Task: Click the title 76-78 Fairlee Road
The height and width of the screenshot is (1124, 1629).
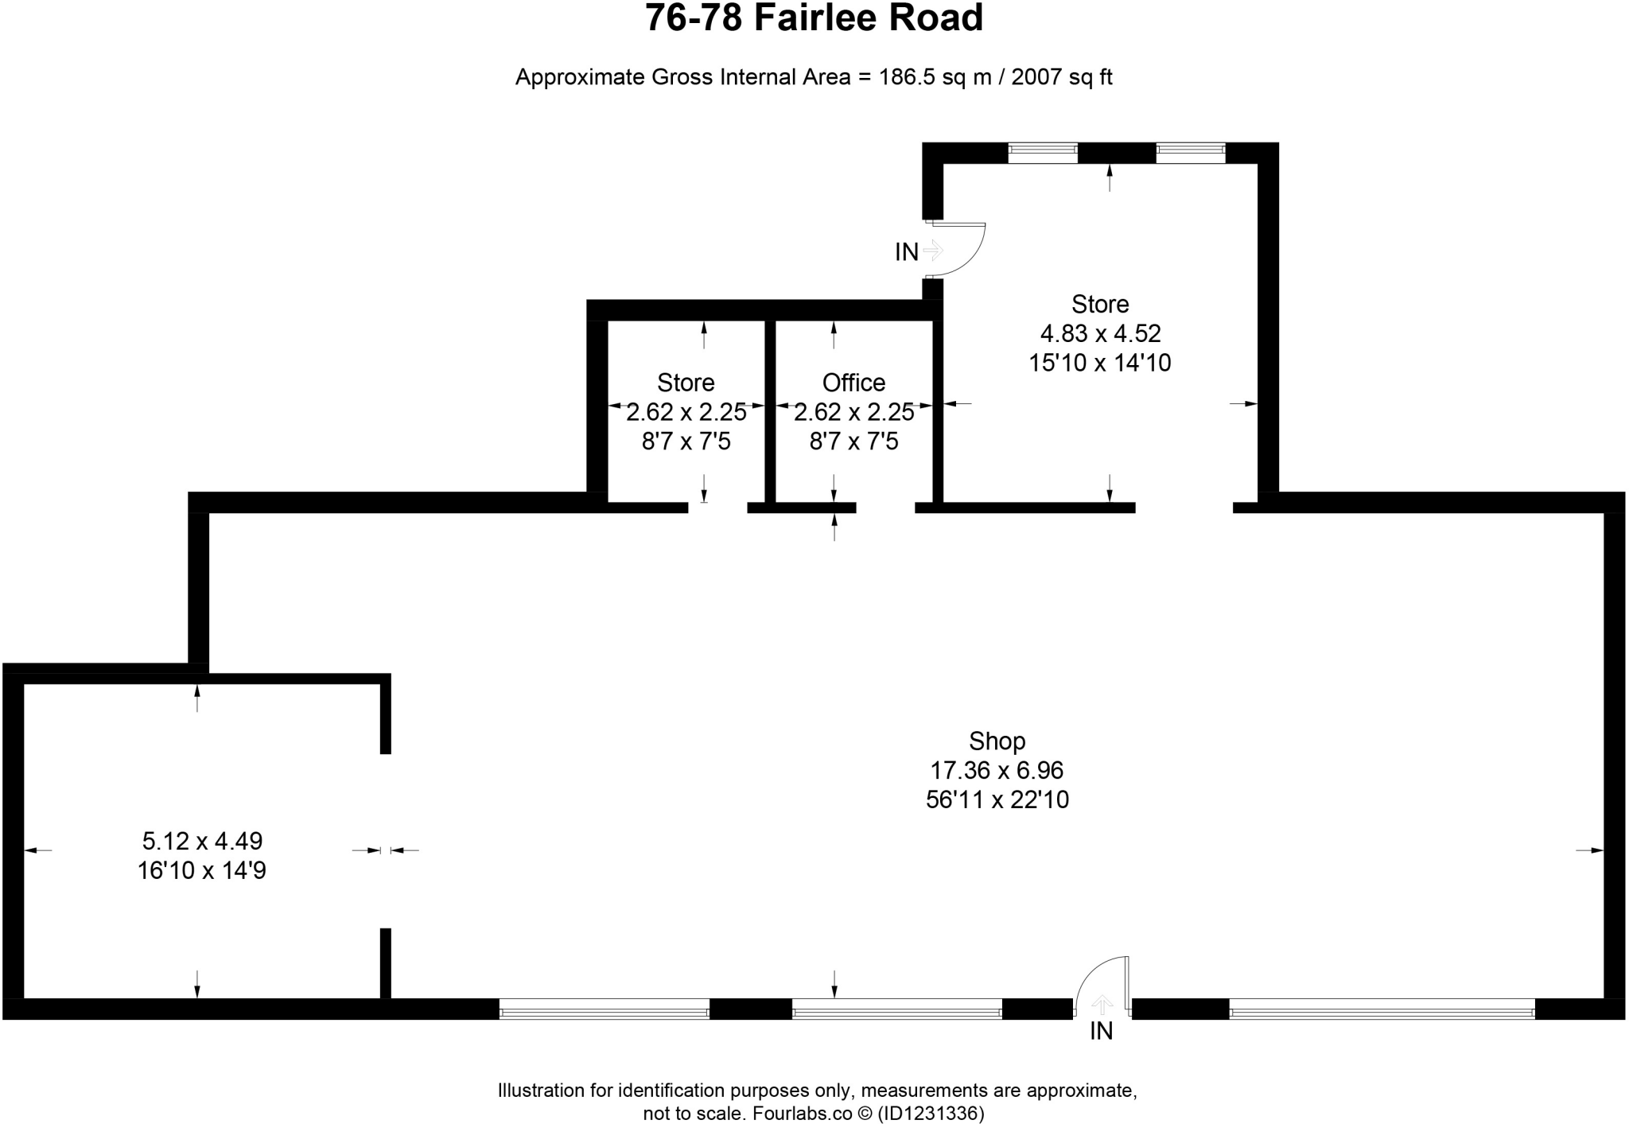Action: [x=814, y=19]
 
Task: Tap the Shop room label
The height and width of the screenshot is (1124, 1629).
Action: [x=997, y=741]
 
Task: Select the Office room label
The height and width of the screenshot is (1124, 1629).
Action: [x=853, y=383]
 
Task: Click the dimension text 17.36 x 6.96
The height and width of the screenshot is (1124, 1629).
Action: [x=997, y=770]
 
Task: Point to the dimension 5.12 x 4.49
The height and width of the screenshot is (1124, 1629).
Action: [x=202, y=841]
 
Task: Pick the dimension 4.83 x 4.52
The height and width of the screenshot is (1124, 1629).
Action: [x=1100, y=333]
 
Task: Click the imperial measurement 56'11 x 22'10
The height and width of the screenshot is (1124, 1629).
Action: [x=997, y=799]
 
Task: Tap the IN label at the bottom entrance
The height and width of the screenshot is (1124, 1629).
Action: [x=1101, y=1031]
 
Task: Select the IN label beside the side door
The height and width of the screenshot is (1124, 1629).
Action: [x=907, y=252]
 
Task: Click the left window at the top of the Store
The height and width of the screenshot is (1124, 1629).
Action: [x=1042, y=153]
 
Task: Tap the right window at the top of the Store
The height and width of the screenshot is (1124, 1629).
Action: [x=1190, y=153]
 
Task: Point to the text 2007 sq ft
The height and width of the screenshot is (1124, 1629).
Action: [x=1061, y=77]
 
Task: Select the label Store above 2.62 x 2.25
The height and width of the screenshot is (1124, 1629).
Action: [x=686, y=383]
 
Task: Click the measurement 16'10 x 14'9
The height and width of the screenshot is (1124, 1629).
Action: [x=202, y=870]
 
